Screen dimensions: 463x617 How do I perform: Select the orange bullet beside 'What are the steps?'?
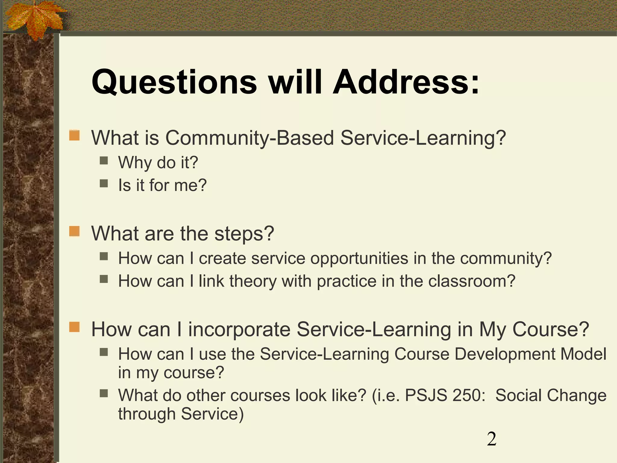[x=74, y=231]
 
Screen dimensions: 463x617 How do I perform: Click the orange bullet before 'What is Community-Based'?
[x=74, y=135]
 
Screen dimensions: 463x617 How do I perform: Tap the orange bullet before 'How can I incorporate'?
[x=74, y=327]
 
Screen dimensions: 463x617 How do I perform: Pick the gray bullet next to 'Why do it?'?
[x=104, y=160]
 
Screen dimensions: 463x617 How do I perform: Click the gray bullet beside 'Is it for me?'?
[x=104, y=183]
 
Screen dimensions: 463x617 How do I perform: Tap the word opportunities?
[x=359, y=259]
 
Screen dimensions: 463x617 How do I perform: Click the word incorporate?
[x=239, y=329]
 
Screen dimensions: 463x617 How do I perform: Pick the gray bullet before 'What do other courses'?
[x=104, y=393]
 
